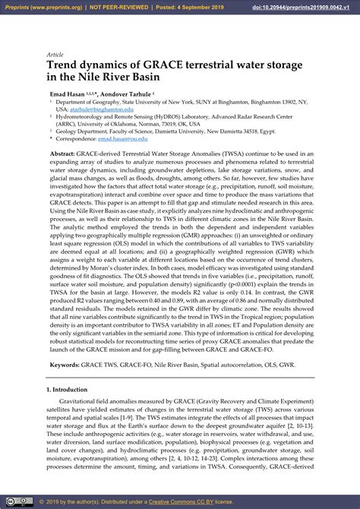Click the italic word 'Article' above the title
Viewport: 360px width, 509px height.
(55, 55)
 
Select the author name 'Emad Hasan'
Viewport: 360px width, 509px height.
(67, 93)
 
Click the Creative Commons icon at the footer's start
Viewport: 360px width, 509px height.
(11, 502)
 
